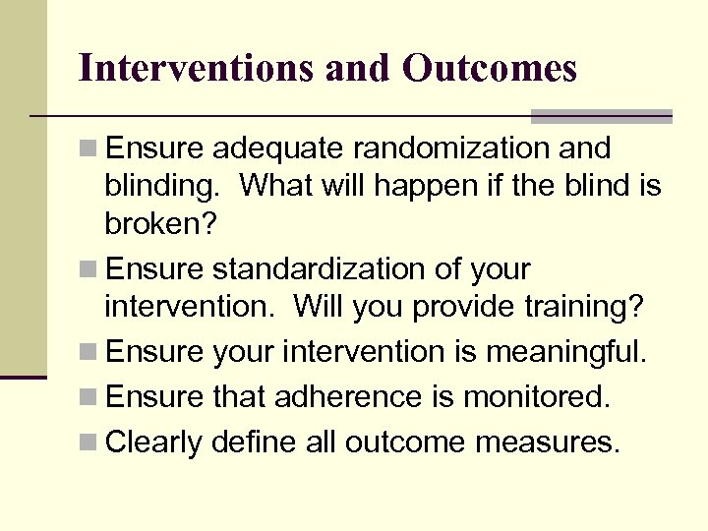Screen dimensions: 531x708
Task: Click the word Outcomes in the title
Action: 489,68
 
